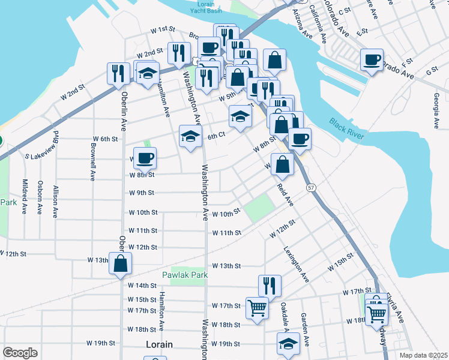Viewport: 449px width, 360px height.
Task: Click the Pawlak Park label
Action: coord(184,275)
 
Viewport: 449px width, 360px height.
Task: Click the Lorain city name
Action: coord(159,345)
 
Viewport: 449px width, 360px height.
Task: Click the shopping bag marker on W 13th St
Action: coord(121,263)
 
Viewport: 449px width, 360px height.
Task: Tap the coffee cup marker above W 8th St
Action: coord(145,158)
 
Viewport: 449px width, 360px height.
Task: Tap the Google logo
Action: coord(20,353)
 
